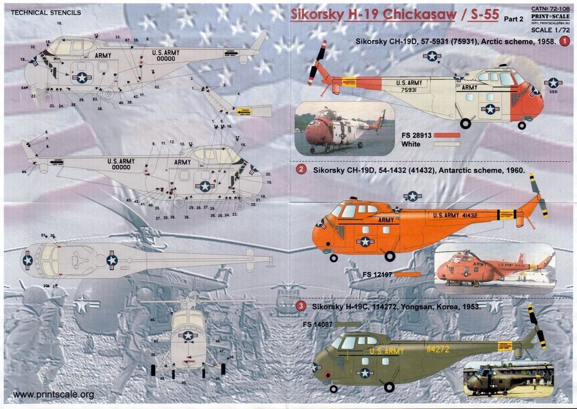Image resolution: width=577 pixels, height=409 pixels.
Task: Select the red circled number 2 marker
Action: (301, 170)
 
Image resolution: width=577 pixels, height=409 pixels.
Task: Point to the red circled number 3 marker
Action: (301, 306)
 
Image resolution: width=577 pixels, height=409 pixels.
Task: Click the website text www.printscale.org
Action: (53, 395)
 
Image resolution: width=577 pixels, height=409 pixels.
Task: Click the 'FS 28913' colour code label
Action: (414, 135)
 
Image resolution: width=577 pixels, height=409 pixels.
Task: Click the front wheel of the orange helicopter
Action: (391, 256)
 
